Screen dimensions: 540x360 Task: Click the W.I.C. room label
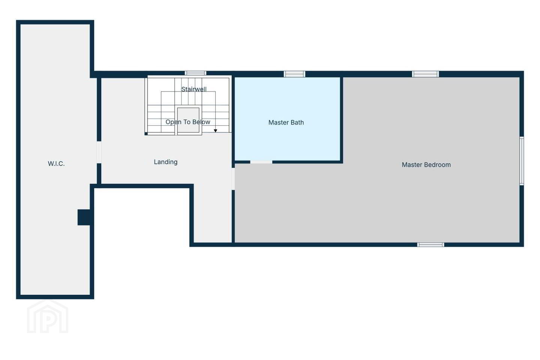[x=56, y=164]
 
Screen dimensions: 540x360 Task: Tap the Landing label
[x=166, y=162]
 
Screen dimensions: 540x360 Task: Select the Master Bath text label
[x=286, y=123]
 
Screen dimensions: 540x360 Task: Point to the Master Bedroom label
[x=426, y=165]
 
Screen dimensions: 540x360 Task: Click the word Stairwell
[x=194, y=89]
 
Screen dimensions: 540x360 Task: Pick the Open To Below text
[x=188, y=122]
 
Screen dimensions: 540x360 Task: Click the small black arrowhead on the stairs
[x=216, y=131]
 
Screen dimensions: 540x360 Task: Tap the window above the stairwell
[x=195, y=73]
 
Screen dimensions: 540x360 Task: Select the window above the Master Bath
[x=294, y=74]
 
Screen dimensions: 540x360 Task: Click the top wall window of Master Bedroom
[x=426, y=74]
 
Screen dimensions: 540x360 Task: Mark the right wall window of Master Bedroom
[x=522, y=161]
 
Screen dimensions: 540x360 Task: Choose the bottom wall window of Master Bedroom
[x=431, y=245]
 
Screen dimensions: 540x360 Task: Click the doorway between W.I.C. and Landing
[x=99, y=152]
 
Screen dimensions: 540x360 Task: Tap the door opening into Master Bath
[x=261, y=162]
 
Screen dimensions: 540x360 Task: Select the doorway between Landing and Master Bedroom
[x=233, y=179]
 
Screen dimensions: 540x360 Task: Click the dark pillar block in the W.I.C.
[x=84, y=217]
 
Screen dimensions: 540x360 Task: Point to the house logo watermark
[x=48, y=316]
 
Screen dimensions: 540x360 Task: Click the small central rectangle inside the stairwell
[x=188, y=120]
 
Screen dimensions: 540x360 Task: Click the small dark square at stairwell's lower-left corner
[x=146, y=133]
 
